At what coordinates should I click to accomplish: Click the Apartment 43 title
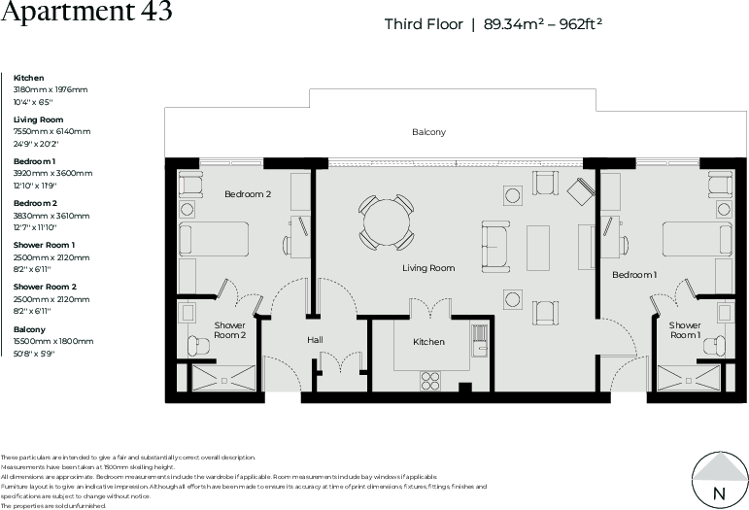point(87,13)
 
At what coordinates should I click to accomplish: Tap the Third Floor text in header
point(424,24)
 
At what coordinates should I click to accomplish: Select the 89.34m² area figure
point(516,24)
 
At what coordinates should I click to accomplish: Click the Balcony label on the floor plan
point(428,132)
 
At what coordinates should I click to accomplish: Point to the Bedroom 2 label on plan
point(248,194)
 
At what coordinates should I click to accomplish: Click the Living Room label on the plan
point(428,268)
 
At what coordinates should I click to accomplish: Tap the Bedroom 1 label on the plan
point(633,275)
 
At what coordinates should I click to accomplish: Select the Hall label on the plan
point(315,340)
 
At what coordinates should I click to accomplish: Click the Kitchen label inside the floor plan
point(428,342)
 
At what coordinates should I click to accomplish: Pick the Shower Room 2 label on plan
point(230,330)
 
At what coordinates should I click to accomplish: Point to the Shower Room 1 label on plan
point(684,330)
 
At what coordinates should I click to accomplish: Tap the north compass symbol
point(719,480)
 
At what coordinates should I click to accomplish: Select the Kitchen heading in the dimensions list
point(28,78)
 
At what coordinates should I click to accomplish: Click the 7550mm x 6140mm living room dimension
point(51,131)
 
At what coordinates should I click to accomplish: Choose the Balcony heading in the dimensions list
point(29,329)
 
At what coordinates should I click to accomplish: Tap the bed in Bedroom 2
point(210,236)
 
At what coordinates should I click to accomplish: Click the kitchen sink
point(476,341)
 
